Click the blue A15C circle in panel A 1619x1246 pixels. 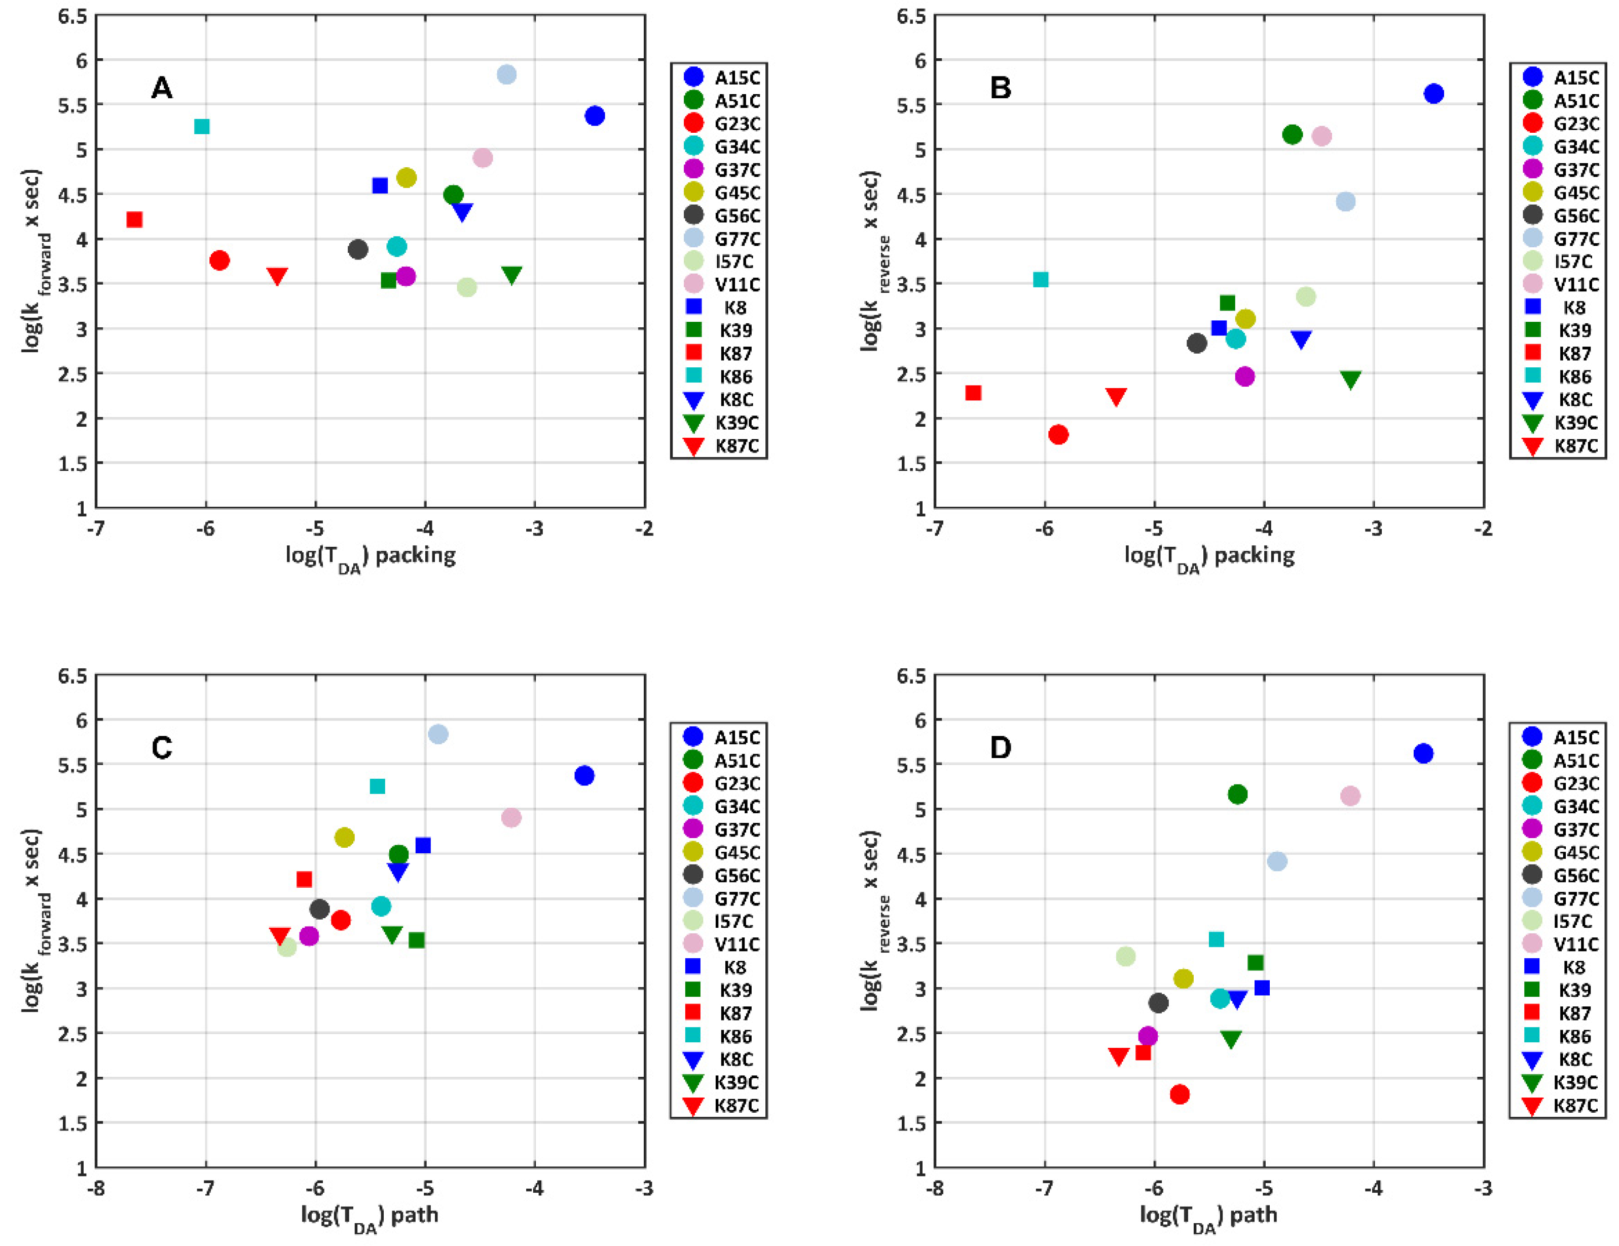pyautogui.click(x=595, y=116)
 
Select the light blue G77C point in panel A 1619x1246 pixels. pyautogui.click(x=506, y=74)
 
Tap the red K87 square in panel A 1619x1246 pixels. pyautogui.click(x=134, y=219)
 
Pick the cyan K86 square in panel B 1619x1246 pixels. pyautogui.click(x=1041, y=279)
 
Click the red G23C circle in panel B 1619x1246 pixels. pyautogui.click(x=1058, y=434)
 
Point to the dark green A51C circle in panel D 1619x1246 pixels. pyautogui.click(x=1237, y=795)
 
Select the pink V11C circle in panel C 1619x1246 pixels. pyautogui.click(x=511, y=817)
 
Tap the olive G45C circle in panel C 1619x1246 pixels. pyautogui.click(x=345, y=838)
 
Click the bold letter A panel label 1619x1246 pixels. pyautogui.click(x=162, y=88)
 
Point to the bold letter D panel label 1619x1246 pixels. pyautogui.click(x=1001, y=748)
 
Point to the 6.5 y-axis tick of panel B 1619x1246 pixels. pyautogui.click(x=911, y=16)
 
